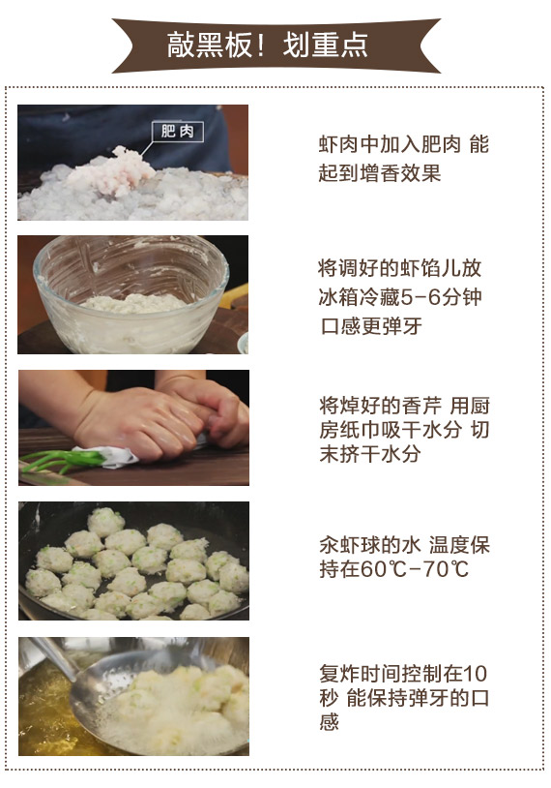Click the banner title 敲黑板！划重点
coord(267,45)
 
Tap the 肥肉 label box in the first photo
coord(178,132)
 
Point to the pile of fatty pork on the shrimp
coord(115,171)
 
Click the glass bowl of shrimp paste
coord(131,293)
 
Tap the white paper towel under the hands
coord(108,456)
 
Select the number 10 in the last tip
coord(475,674)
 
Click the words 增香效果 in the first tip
coord(400,173)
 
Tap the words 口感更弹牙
coord(371,325)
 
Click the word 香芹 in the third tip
coord(421,406)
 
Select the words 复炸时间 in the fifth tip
coord(360,674)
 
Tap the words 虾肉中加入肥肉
coord(390,144)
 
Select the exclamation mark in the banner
coord(260,45)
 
